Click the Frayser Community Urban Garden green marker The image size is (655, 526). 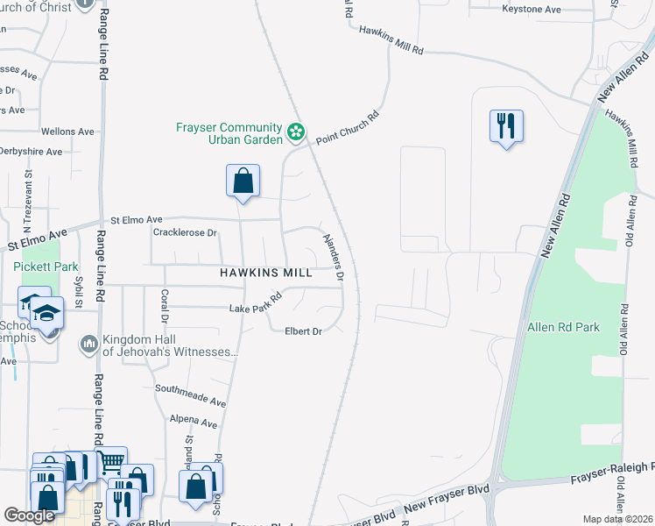coord(296,132)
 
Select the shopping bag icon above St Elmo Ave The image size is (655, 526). coord(243,181)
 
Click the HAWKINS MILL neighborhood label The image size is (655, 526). coord(265,273)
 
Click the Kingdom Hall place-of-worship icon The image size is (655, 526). coord(88,344)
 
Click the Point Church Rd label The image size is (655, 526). coord(348,129)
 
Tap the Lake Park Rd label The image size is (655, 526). coord(255,303)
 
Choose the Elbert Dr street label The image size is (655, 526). coord(304,331)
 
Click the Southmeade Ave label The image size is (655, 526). coord(190,394)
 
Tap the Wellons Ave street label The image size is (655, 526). coord(67,131)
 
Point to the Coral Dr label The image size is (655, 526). coord(164,307)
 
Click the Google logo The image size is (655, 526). coord(29,515)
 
